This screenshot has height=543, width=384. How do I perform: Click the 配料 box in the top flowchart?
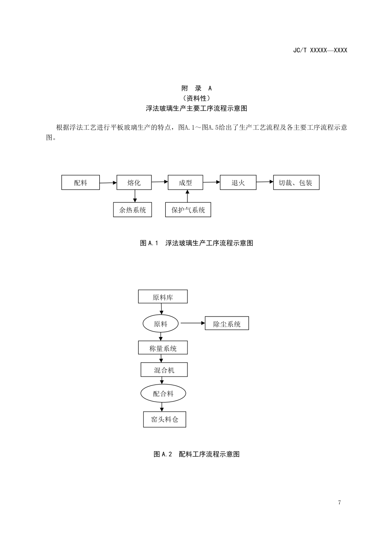tap(81, 183)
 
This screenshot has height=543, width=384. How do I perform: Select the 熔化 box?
tap(134, 183)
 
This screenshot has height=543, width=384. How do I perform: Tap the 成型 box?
tap(185, 183)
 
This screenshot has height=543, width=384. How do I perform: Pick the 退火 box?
tap(238, 183)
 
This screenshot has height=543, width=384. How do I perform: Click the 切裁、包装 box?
tap(296, 183)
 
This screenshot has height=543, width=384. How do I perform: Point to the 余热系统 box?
tap(133, 210)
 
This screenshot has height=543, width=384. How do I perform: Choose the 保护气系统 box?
tap(188, 210)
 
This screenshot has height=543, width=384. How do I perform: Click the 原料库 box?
tap(163, 297)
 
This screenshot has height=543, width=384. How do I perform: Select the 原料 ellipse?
tap(161, 323)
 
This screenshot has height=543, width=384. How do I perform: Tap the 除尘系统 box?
tap(227, 324)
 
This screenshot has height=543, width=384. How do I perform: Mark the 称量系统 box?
tap(163, 348)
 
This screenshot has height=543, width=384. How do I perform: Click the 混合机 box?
tap(164, 370)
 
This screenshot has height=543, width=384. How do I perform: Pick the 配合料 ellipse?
tap(163, 393)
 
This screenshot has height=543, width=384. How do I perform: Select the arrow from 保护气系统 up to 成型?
tap(187, 196)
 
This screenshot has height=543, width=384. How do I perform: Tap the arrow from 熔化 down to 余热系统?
tap(135, 196)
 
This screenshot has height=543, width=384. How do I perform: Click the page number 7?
tap(339, 503)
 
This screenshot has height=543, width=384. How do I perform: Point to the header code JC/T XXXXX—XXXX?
tap(320, 50)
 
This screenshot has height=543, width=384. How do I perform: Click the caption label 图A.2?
tap(163, 454)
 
